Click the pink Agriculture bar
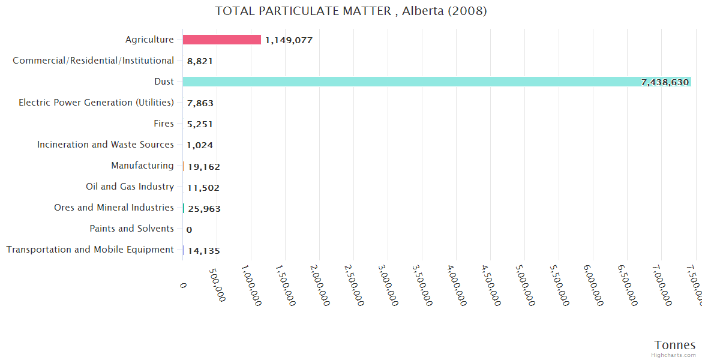221,40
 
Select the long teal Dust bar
437,82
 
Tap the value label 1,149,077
289,40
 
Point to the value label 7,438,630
665,82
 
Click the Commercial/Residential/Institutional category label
93,61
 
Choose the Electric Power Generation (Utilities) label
96,103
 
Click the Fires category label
164,124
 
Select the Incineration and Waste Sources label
106,145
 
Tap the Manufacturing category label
142,166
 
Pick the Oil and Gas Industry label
130,187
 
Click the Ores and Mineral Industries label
114,208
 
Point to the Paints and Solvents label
131,229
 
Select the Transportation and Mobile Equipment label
90,250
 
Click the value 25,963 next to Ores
204,209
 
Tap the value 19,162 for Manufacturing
203,167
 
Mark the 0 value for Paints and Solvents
190,230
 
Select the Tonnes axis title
674,345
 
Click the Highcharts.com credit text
674,355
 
